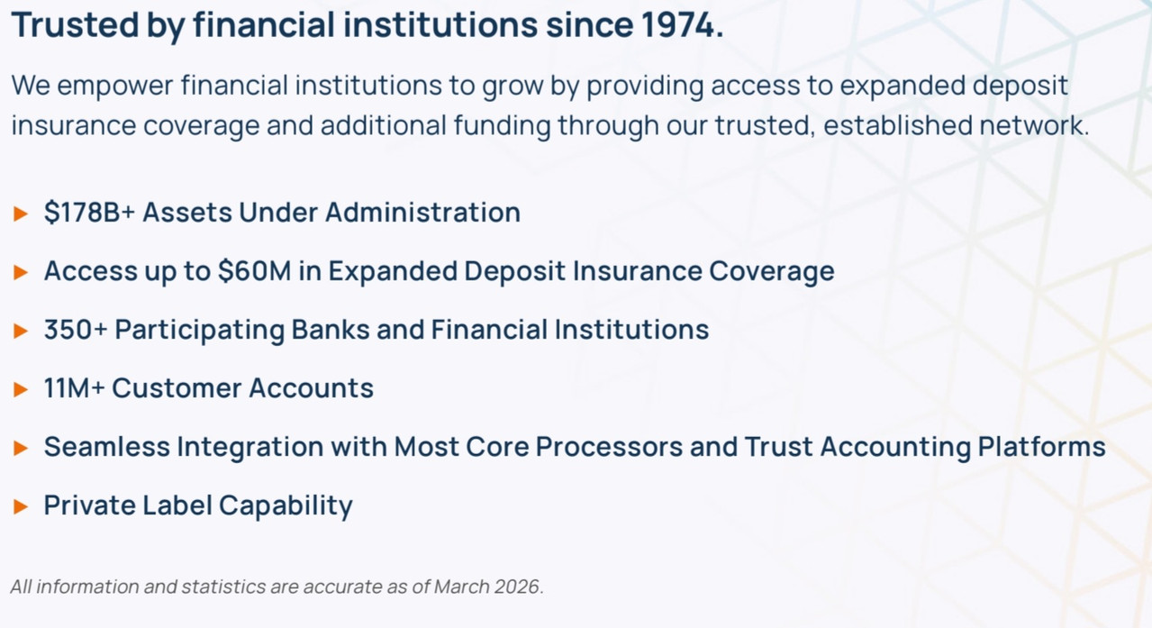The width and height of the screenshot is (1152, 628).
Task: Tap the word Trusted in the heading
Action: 75,24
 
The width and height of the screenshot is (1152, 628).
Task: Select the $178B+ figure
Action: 89,212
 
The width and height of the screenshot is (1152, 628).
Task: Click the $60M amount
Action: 255,270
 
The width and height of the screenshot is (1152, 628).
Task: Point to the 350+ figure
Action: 76,329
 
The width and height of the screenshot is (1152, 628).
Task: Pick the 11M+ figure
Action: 75,387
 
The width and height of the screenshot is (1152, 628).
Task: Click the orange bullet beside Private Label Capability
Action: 21,506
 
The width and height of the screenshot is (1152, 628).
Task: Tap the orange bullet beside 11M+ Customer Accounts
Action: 21,389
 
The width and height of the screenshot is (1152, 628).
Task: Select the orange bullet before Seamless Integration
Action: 21,448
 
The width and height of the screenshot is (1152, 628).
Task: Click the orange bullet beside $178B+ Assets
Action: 21,214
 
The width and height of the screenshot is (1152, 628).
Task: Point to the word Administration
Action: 422,212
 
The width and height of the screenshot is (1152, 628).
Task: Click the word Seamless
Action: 107,446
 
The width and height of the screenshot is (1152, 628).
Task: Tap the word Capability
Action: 286,506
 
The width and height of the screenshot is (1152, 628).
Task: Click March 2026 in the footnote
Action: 487,587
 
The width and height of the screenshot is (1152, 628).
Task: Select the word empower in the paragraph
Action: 115,86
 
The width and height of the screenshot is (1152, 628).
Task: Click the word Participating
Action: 200,330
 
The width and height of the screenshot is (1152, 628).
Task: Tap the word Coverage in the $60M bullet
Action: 772,271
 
